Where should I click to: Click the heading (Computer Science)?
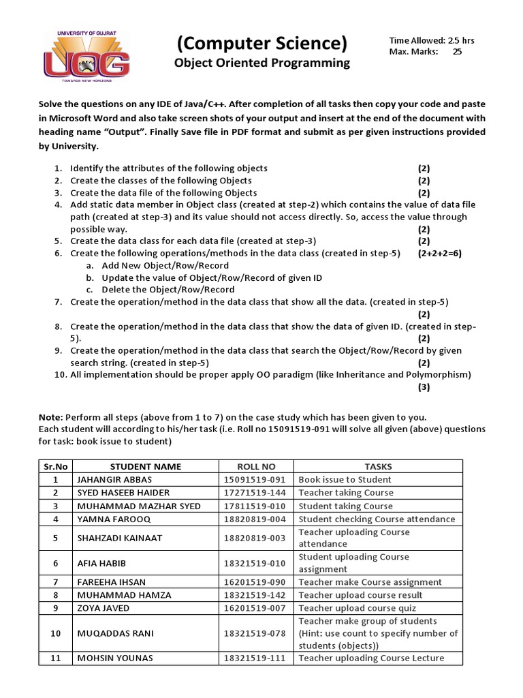[262, 44]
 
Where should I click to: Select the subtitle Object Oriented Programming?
[262, 63]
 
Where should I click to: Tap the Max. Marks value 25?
[457, 52]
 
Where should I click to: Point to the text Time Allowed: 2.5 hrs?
[432, 40]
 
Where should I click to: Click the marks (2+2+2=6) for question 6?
[440, 253]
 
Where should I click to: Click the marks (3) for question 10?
[424, 387]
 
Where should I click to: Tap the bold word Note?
[50, 417]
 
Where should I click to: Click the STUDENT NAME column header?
[146, 466]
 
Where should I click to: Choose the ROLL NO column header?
[256, 466]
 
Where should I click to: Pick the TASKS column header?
[378, 466]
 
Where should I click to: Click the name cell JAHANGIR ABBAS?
[115, 479]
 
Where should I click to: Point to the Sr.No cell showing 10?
[56, 633]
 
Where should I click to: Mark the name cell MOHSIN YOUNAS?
[114, 658]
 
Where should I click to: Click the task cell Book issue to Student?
[345, 479]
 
